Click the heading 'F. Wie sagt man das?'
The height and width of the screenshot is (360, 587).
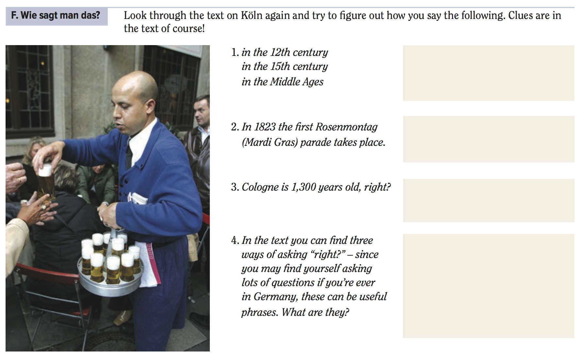(x=56, y=15)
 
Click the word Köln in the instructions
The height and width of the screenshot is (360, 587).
(x=252, y=15)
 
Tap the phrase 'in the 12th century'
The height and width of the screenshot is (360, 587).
(x=285, y=52)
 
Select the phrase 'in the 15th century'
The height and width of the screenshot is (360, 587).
(x=285, y=66)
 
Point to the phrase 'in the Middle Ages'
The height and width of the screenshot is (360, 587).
(x=282, y=81)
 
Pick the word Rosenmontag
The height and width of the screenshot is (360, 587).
(x=346, y=127)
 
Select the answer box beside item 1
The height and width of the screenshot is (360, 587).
(x=488, y=73)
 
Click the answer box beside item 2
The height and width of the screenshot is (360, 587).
(x=488, y=139)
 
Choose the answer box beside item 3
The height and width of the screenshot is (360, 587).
(x=488, y=200)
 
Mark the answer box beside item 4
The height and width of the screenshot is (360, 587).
(x=488, y=286)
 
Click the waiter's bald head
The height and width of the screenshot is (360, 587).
(x=136, y=87)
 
